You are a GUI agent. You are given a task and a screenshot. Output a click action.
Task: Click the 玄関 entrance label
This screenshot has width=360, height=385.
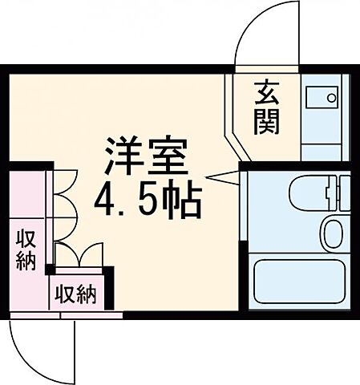pos(267,108)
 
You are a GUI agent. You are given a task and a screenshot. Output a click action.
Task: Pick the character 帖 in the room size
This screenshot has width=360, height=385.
pos(180,201)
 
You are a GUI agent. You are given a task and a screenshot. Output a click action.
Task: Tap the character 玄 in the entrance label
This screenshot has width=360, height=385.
pos(267,93)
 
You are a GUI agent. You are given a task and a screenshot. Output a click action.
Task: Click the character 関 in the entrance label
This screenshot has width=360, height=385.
pos(267,123)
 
